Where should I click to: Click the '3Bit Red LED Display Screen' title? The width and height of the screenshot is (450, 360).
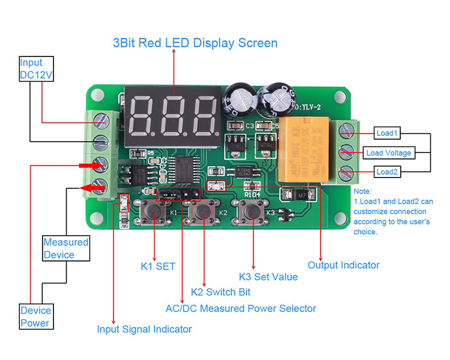coord(195,43)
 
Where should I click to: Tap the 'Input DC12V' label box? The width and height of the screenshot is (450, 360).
coord(36,70)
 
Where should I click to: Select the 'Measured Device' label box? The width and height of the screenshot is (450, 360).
coord(66,248)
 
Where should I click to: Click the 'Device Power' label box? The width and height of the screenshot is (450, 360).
coord(36,317)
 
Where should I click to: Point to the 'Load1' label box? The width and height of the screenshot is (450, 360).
coord(386,133)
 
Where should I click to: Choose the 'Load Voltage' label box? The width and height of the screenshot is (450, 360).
coord(389,152)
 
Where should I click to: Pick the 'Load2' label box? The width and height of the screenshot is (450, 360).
coord(386,172)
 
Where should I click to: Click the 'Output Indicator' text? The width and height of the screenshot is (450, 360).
coord(343,265)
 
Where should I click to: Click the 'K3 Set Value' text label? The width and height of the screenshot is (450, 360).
coord(268,277)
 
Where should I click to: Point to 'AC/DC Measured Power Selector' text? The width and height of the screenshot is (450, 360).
coord(241,308)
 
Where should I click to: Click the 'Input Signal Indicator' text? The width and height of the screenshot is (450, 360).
coord(145,329)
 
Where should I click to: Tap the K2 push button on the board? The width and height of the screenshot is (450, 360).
coord(204,212)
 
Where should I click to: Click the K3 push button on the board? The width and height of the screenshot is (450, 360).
coord(252,212)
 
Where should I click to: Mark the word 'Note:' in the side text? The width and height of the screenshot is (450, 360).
coord(363,191)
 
